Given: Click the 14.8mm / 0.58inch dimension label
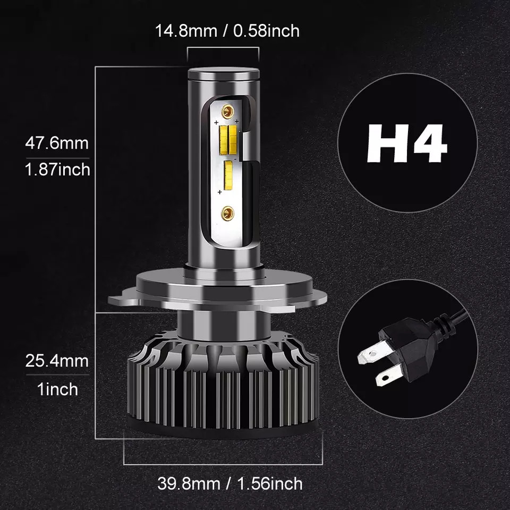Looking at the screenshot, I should (227, 30).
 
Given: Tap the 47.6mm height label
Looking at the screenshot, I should (57, 143).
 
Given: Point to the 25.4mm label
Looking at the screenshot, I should (57, 362).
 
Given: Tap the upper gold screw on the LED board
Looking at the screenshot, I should (228, 111).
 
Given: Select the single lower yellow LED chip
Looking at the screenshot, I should (229, 175).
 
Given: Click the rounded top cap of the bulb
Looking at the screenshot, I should (223, 75).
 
